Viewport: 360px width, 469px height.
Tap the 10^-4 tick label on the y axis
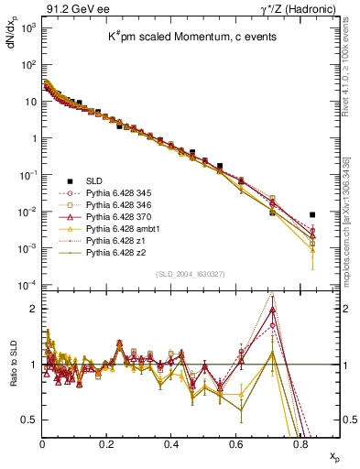pyautogui.click(x=27, y=285)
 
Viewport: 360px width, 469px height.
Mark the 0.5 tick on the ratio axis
pyautogui.click(x=30, y=420)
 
